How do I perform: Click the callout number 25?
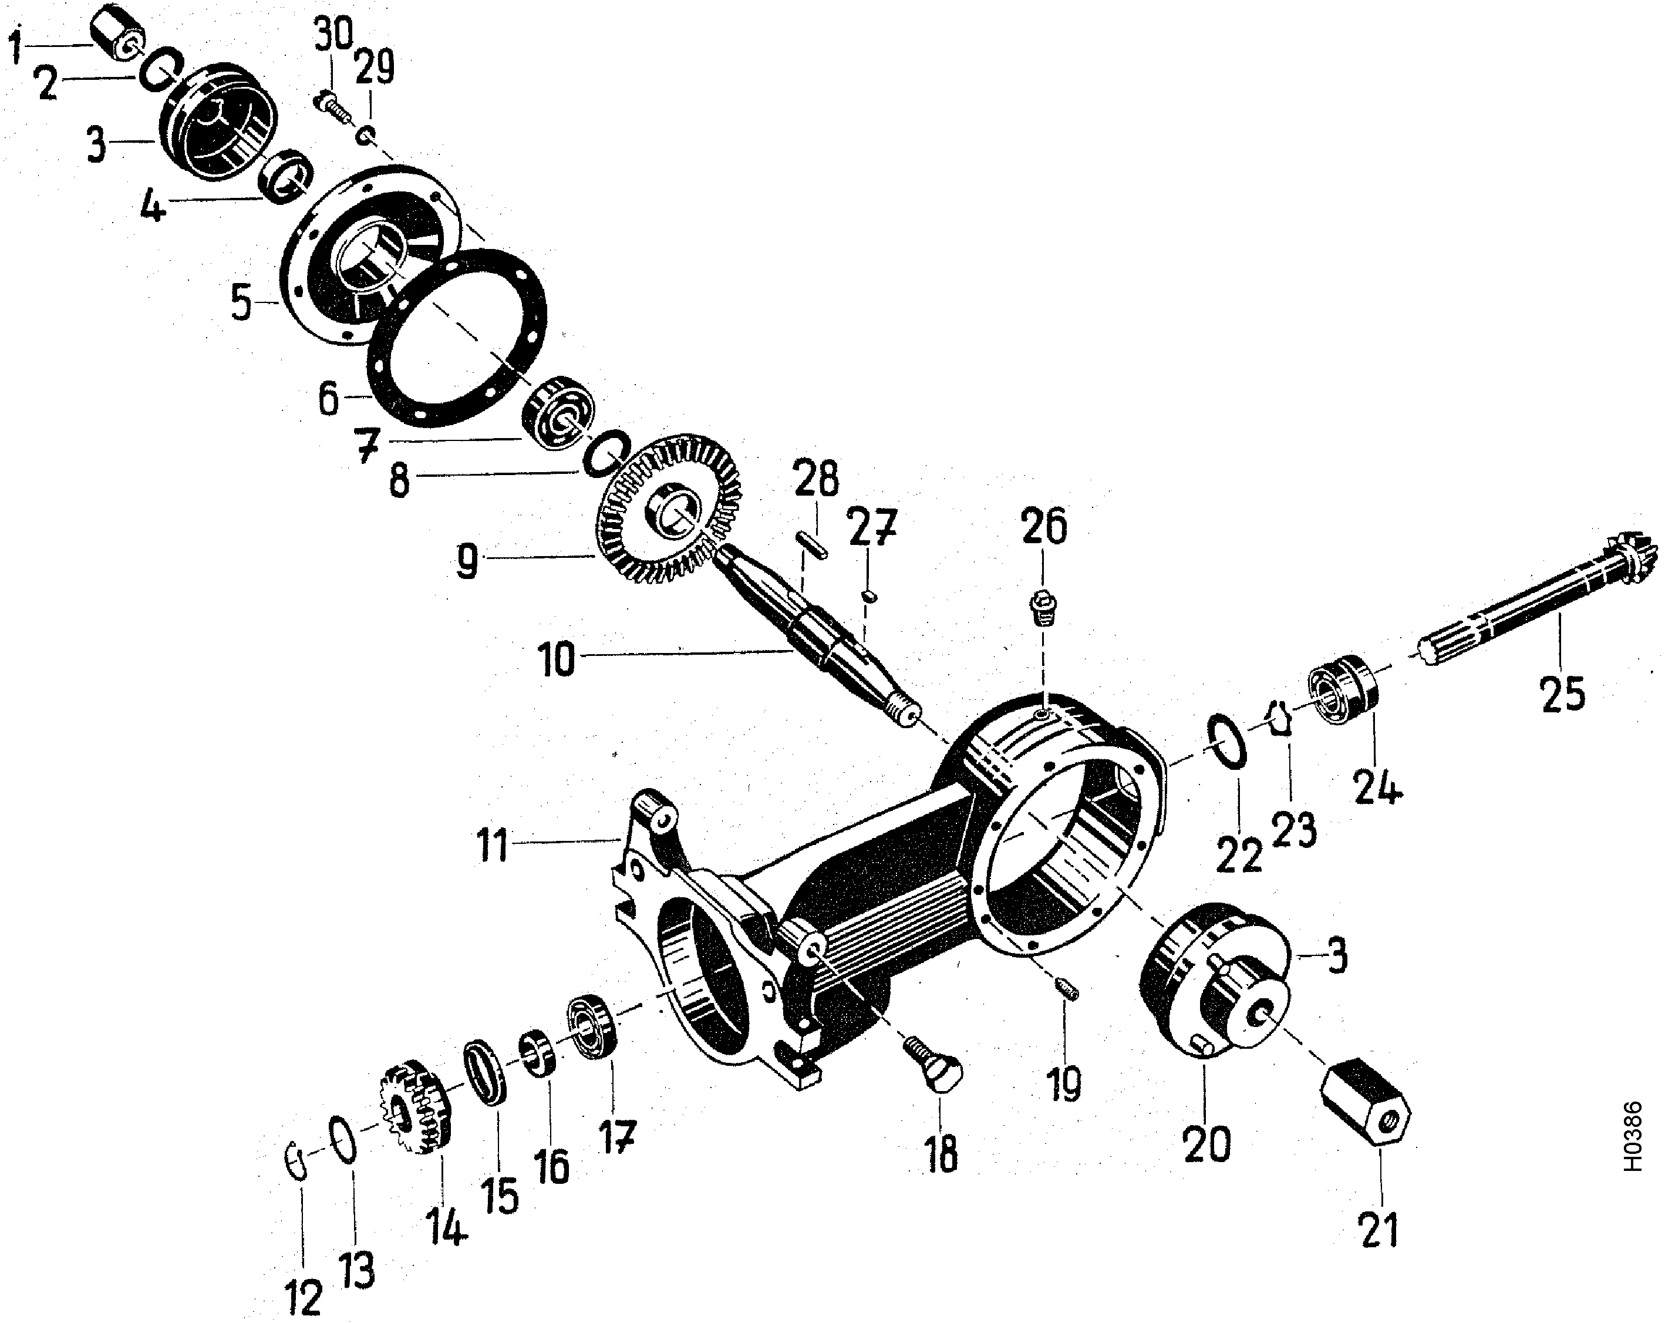tap(1562, 694)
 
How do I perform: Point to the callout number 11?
tap(492, 845)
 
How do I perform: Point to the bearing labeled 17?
tap(592, 1027)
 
